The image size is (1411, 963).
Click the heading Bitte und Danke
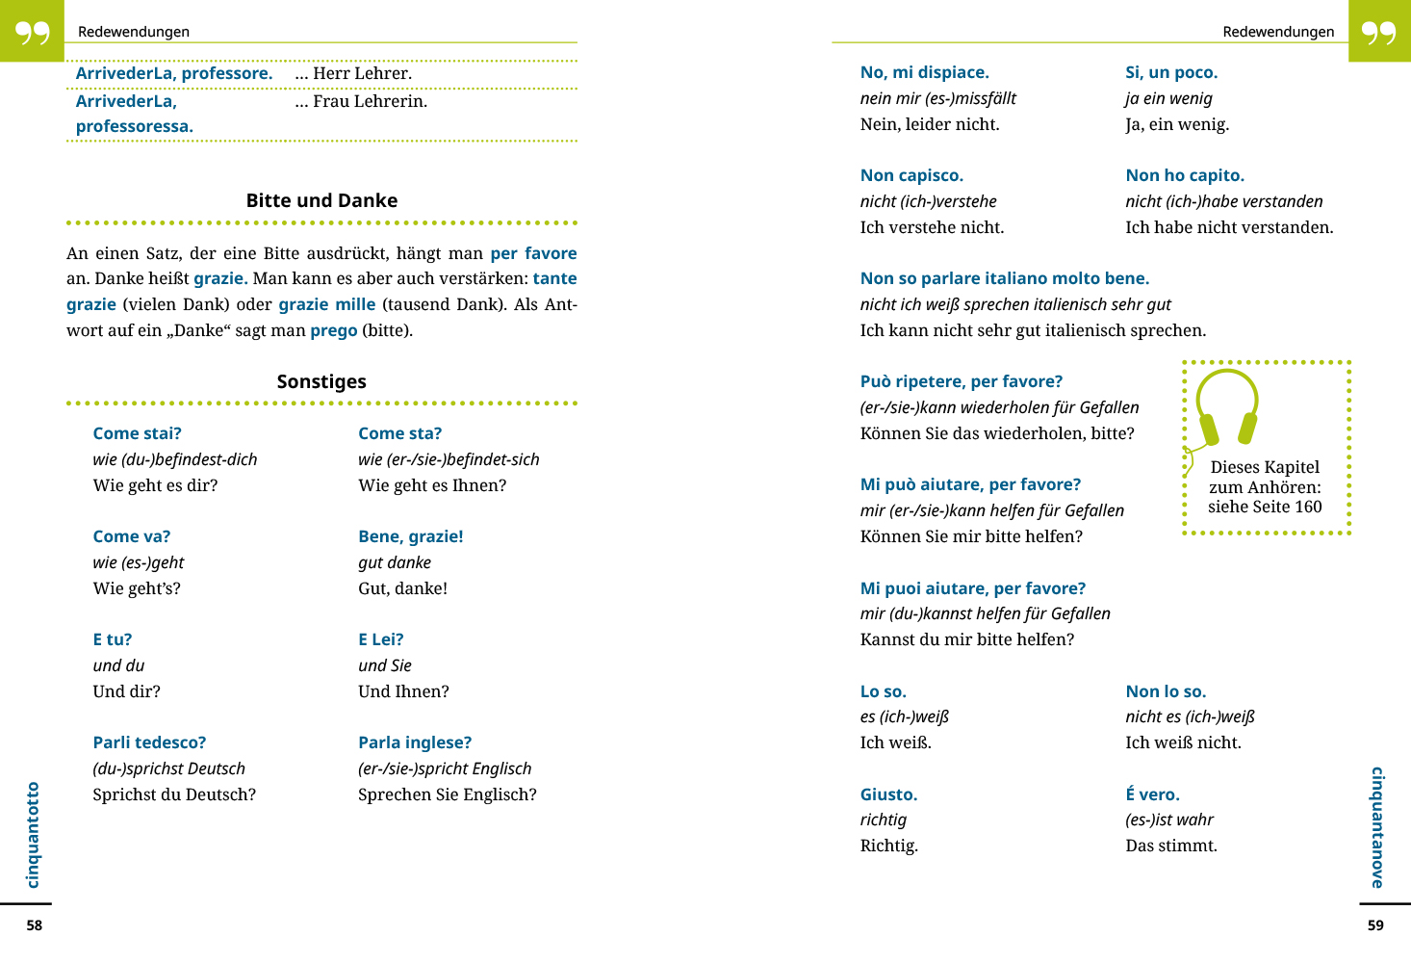point(321,200)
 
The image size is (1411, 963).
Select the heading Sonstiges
point(321,381)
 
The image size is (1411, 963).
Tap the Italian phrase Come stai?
point(137,433)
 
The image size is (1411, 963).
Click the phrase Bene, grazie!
point(410,536)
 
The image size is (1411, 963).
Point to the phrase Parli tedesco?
point(149,742)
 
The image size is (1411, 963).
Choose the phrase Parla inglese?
point(415,742)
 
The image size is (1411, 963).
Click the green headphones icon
point(1227,406)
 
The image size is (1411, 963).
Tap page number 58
point(35,925)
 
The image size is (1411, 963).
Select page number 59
point(1375,925)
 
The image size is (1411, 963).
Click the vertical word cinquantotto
point(33,834)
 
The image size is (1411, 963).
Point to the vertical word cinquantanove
point(1377,827)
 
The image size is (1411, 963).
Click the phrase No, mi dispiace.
point(924,72)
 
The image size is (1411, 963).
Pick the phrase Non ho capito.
point(1185,175)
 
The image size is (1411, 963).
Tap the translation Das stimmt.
point(1171,846)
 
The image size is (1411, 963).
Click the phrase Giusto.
point(888,794)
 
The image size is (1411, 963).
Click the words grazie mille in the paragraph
point(327,304)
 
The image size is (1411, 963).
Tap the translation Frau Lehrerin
point(370,101)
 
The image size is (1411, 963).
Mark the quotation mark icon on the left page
point(32,32)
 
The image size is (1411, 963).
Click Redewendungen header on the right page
point(1278,32)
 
